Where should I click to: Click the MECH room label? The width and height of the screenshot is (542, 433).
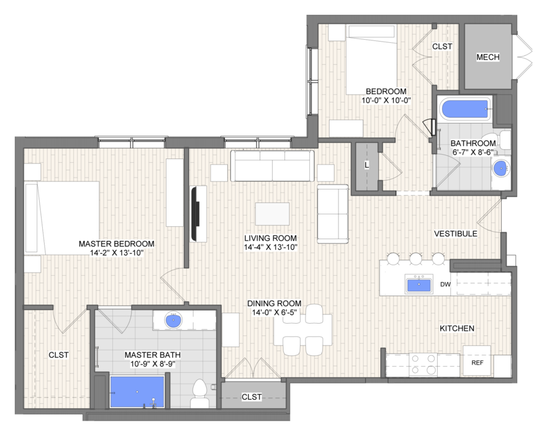(x=488, y=57)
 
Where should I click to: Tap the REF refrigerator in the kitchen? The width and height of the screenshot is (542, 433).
(x=477, y=361)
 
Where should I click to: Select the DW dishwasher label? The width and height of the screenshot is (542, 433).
(x=445, y=285)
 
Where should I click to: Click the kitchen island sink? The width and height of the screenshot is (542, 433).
(x=419, y=285)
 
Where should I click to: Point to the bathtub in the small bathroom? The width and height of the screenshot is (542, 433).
(x=465, y=109)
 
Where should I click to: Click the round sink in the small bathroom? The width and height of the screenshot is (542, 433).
(x=500, y=169)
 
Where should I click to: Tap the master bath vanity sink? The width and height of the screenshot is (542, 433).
(x=173, y=321)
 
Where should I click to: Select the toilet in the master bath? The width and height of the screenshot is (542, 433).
(x=199, y=394)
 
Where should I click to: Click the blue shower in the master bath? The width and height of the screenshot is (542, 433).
(x=137, y=392)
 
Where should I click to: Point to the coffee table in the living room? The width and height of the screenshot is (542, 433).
(x=273, y=214)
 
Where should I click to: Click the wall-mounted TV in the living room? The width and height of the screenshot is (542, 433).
(x=195, y=214)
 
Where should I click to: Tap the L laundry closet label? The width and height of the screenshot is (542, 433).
(x=367, y=165)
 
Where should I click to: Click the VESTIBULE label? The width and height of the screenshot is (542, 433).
(x=456, y=234)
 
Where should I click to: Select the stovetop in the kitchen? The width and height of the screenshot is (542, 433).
(x=423, y=365)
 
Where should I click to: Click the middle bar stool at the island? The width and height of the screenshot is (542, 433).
(x=416, y=258)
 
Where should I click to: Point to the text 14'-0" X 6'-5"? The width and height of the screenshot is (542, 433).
(x=274, y=312)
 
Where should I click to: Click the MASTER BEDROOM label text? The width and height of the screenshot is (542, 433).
(x=117, y=244)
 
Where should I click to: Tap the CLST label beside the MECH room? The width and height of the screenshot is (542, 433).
(x=442, y=47)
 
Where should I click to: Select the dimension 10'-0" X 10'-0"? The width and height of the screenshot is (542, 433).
(x=386, y=101)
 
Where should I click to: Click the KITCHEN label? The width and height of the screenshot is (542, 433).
(x=457, y=328)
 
